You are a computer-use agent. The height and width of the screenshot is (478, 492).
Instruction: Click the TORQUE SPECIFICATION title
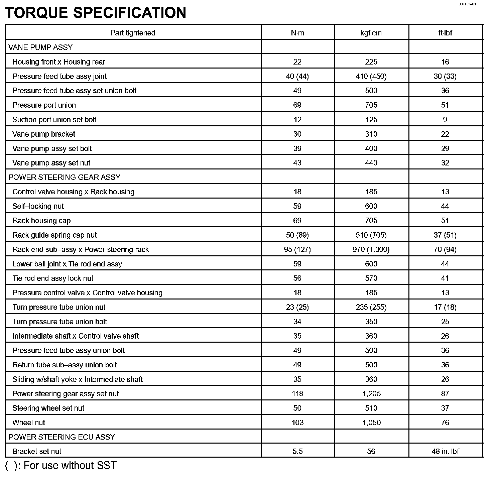96,13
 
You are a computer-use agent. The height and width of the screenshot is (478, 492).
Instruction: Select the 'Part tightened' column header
133,33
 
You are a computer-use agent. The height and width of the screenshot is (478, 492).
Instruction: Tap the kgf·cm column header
371,33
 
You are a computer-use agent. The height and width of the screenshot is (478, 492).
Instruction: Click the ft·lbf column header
445,33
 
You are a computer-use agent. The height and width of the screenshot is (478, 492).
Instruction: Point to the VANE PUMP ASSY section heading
40,47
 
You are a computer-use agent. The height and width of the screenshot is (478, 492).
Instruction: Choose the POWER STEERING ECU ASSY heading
61,437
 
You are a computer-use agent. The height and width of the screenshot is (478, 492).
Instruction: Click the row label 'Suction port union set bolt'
54,120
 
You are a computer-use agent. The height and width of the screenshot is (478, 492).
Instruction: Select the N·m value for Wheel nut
297,423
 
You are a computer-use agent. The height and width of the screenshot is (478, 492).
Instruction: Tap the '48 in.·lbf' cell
445,451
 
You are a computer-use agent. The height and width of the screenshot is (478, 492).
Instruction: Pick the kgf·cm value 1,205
371,394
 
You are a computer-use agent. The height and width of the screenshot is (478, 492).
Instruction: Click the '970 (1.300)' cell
371,249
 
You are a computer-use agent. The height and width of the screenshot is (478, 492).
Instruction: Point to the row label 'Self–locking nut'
38,206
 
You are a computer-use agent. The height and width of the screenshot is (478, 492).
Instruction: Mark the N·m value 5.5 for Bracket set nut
297,451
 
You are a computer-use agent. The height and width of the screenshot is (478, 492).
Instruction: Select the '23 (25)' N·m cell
297,307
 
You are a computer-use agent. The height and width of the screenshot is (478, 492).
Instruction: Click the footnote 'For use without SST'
70,465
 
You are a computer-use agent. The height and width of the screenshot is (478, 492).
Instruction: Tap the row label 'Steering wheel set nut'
48,408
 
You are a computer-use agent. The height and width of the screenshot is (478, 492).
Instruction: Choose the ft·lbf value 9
445,120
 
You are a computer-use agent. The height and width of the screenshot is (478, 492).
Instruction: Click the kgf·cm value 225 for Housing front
371,62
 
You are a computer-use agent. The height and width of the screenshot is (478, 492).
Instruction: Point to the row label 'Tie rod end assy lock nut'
53,278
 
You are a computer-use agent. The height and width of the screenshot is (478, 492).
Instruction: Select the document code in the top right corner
467,4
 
